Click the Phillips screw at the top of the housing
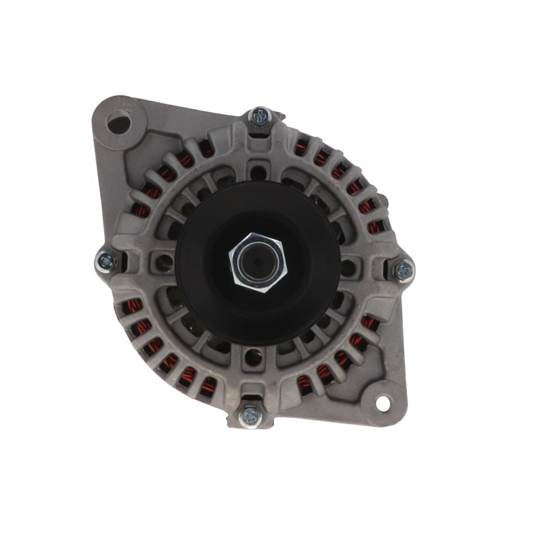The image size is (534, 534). [x=259, y=116]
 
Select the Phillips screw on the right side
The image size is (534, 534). [x=404, y=270]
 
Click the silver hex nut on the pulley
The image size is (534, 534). [x=257, y=262]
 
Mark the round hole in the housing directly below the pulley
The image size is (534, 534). [x=254, y=356]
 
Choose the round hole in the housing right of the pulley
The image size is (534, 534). [x=348, y=267]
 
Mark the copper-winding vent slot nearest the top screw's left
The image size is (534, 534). [x=206, y=150]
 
